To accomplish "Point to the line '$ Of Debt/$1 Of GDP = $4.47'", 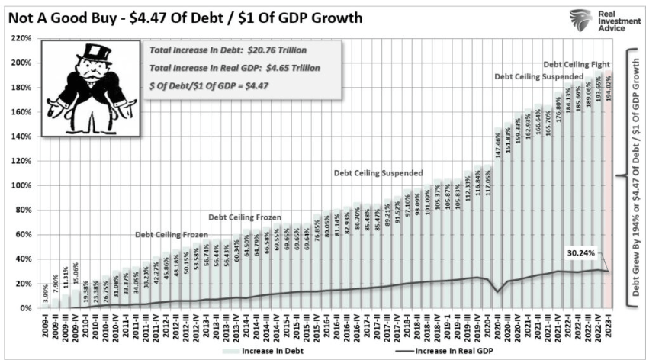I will coord(214,85).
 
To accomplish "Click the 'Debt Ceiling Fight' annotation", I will coord(576,65).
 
